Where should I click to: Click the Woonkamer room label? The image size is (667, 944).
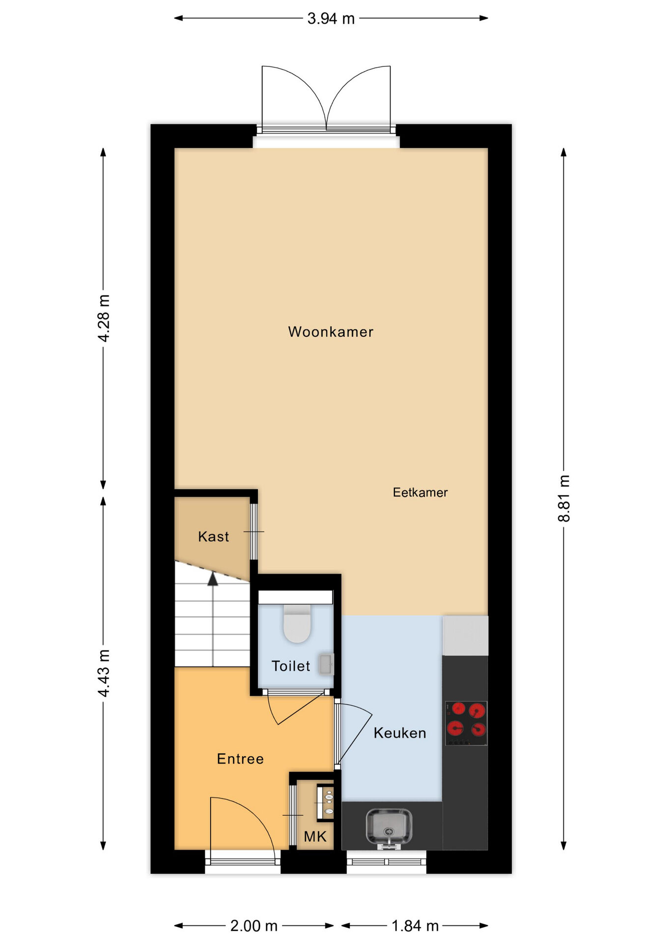pyautogui.click(x=331, y=332)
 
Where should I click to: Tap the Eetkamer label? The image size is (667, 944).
pyautogui.click(x=420, y=492)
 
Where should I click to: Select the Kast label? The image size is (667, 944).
pyautogui.click(x=213, y=536)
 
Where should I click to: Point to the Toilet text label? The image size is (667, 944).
pyautogui.click(x=291, y=666)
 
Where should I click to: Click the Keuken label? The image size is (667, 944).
pyautogui.click(x=400, y=733)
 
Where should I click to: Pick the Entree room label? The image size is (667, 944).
pyautogui.click(x=240, y=759)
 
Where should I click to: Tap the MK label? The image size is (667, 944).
pyautogui.click(x=315, y=836)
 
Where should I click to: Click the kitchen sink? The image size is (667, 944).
pyautogui.click(x=389, y=828)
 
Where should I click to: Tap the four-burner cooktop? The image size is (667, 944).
pyautogui.click(x=466, y=723)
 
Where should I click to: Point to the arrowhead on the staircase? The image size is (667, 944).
pyautogui.click(x=213, y=579)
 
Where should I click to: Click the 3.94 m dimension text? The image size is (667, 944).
pyautogui.click(x=331, y=19)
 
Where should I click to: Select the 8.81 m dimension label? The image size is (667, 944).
pyautogui.click(x=564, y=498)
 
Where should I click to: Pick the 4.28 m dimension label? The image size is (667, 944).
pyautogui.click(x=104, y=318)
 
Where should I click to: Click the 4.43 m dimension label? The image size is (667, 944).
pyautogui.click(x=104, y=673)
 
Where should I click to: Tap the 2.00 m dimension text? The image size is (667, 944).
pyautogui.click(x=254, y=926)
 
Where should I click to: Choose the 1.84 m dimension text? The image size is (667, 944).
pyautogui.click(x=415, y=926)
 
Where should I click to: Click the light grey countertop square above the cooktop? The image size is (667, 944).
pyautogui.click(x=465, y=635)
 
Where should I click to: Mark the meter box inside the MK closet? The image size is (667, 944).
pyautogui.click(x=326, y=803)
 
